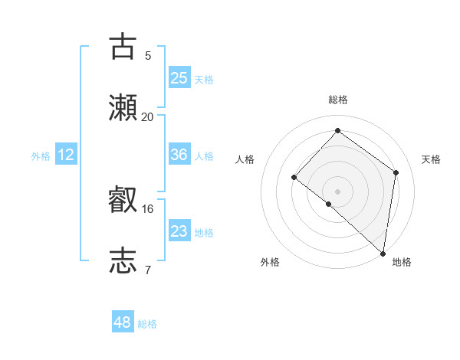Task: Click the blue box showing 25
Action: point(179,78)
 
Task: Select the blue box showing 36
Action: point(179,155)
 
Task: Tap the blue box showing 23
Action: point(179,231)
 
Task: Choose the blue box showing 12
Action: point(66,155)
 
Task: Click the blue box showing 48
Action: point(123,322)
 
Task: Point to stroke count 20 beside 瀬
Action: point(148,116)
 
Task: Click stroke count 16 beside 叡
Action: point(148,208)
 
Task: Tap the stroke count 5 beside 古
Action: point(147,55)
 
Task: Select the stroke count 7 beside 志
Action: point(147,270)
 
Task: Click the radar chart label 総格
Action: point(338,100)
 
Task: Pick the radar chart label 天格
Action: point(431,159)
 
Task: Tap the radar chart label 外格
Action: point(270,262)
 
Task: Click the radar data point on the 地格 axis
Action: point(383,254)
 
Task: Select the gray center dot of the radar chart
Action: point(337,191)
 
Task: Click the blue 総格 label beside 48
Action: point(147,324)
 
